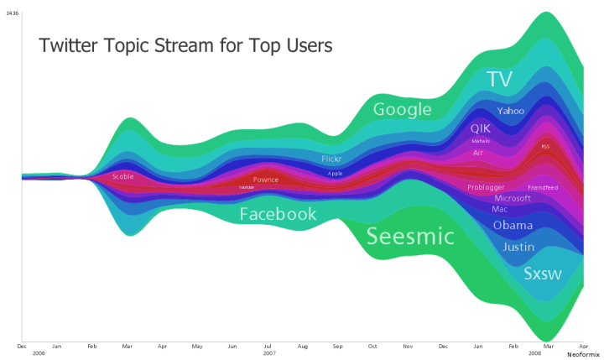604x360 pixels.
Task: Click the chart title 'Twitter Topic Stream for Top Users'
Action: click(x=185, y=45)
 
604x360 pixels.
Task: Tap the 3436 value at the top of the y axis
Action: click(x=13, y=13)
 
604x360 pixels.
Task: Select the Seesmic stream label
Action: click(x=410, y=237)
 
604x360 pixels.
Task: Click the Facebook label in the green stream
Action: click(x=278, y=214)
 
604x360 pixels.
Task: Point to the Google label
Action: click(x=402, y=109)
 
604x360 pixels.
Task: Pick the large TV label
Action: click(x=499, y=80)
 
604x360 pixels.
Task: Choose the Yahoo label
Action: click(x=510, y=111)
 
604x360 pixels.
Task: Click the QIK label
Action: click(x=480, y=128)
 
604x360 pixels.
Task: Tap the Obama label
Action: click(x=513, y=226)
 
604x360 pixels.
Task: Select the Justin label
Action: click(x=518, y=247)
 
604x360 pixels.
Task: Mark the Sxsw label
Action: click(x=543, y=274)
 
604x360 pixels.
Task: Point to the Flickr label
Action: click(x=331, y=159)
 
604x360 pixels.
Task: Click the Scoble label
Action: click(x=123, y=176)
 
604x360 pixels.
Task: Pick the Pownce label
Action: click(x=266, y=180)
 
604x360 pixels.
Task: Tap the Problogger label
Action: click(x=486, y=187)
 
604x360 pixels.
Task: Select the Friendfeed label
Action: click(x=543, y=187)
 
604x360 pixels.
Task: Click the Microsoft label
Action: click(x=513, y=199)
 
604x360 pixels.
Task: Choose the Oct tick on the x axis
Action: click(x=372, y=346)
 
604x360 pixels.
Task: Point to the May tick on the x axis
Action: click(x=197, y=346)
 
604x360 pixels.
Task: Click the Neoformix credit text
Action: click(x=583, y=355)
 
